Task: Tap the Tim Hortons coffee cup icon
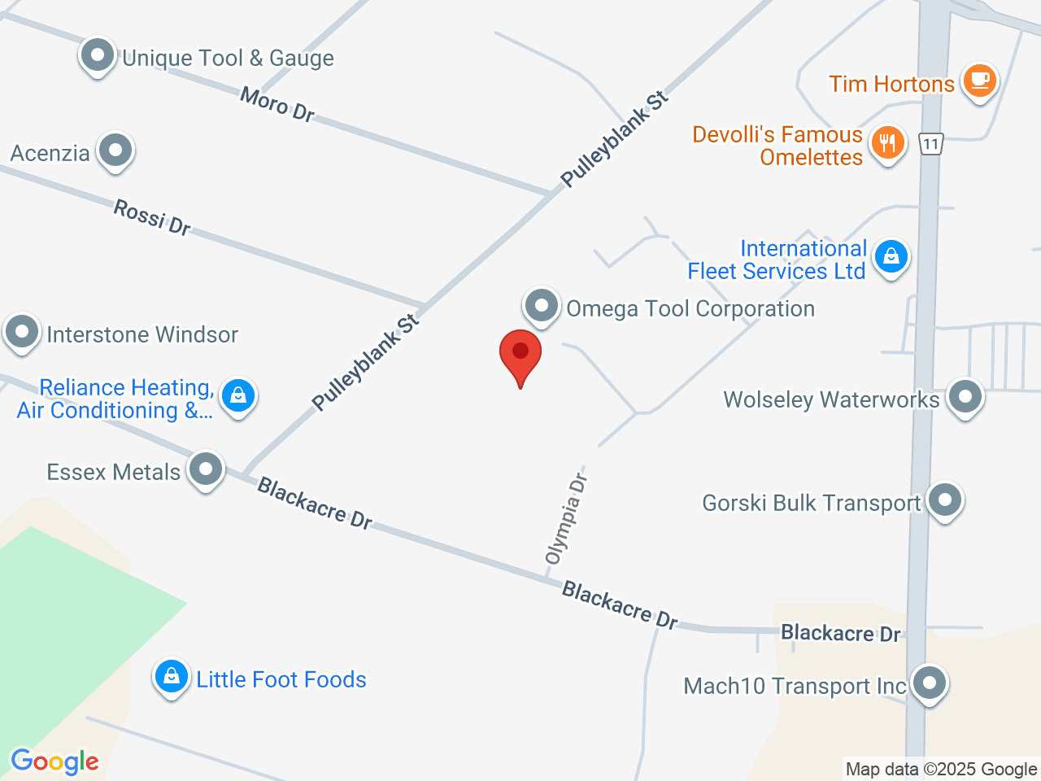pyautogui.click(x=979, y=81)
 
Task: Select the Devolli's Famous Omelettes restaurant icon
pyautogui.click(x=887, y=143)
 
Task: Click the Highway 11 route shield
pyautogui.click(x=931, y=145)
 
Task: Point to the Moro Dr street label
pyautogui.click(x=277, y=104)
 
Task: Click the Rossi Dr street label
pyautogui.click(x=152, y=217)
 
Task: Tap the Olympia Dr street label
pyautogui.click(x=566, y=519)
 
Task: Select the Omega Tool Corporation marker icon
pyautogui.click(x=541, y=307)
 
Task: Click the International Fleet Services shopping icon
pyautogui.click(x=891, y=256)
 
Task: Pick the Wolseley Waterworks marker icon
pyautogui.click(x=965, y=397)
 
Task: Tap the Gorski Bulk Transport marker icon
pyautogui.click(x=944, y=500)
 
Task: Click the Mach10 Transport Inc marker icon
pyautogui.click(x=929, y=683)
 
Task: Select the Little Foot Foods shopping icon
pyautogui.click(x=172, y=676)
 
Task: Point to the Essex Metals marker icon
pyautogui.click(x=206, y=469)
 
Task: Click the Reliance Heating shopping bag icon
pyautogui.click(x=238, y=396)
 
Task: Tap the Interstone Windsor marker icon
pyautogui.click(x=22, y=332)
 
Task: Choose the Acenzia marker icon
pyautogui.click(x=115, y=151)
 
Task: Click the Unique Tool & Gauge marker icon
pyautogui.click(x=98, y=56)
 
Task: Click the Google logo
pyautogui.click(x=54, y=762)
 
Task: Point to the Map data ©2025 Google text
pyautogui.click(x=941, y=769)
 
